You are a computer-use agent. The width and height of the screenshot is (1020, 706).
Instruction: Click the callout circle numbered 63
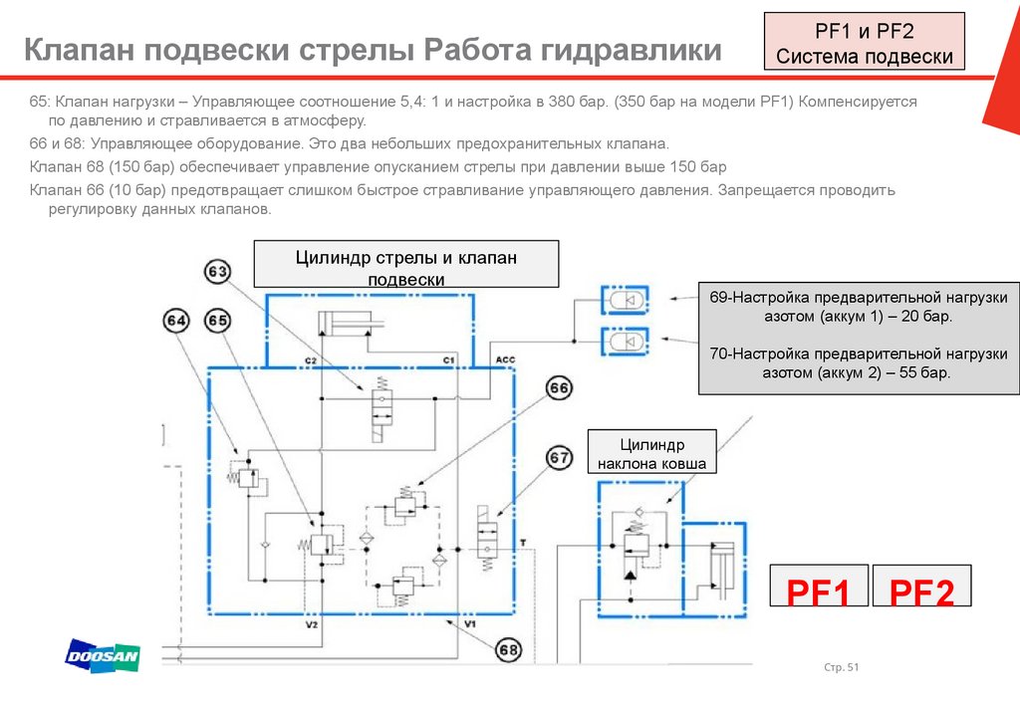pos(218,271)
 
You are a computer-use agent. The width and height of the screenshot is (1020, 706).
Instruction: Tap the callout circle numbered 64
pos(176,321)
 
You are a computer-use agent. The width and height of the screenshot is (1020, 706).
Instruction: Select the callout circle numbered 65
pos(218,321)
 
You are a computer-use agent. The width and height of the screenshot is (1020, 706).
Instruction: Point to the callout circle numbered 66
pos(559,388)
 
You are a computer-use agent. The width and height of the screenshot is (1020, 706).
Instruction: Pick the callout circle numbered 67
pos(559,458)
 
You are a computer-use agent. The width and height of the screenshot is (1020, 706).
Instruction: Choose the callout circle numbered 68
pos(508,650)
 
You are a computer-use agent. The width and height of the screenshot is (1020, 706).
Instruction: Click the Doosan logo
pos(103,656)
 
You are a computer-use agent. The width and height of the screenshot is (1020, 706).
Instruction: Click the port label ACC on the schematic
pos(504,358)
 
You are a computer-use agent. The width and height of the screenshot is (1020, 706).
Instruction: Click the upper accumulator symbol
pos(624,298)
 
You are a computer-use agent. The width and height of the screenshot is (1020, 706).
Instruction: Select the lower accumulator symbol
pos(624,341)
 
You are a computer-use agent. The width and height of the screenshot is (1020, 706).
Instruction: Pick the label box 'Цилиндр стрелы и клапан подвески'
pos(406,267)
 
